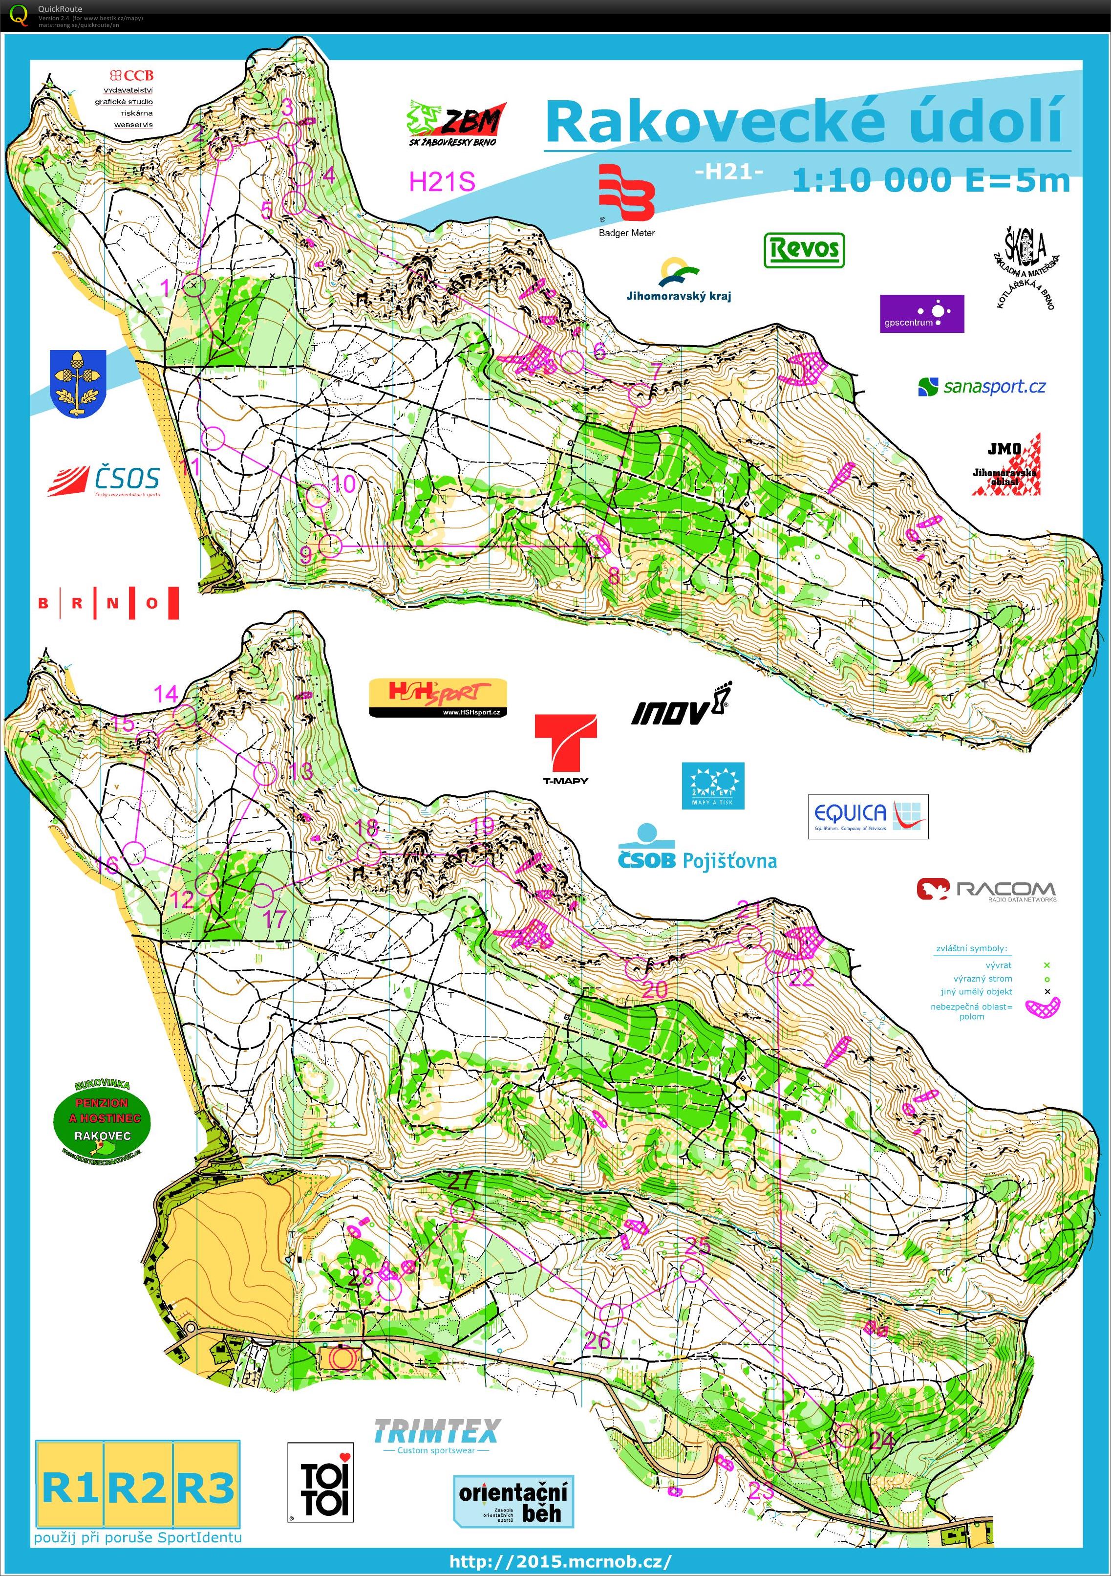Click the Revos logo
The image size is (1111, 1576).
tap(804, 250)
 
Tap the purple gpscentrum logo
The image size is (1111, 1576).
tap(921, 314)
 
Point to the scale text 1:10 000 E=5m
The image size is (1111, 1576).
tap(931, 180)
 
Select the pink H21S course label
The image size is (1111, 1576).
tap(442, 182)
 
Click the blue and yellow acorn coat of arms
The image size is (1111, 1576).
tap(78, 383)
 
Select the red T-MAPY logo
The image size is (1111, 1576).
tap(565, 749)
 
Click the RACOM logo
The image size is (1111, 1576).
tap(986, 890)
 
